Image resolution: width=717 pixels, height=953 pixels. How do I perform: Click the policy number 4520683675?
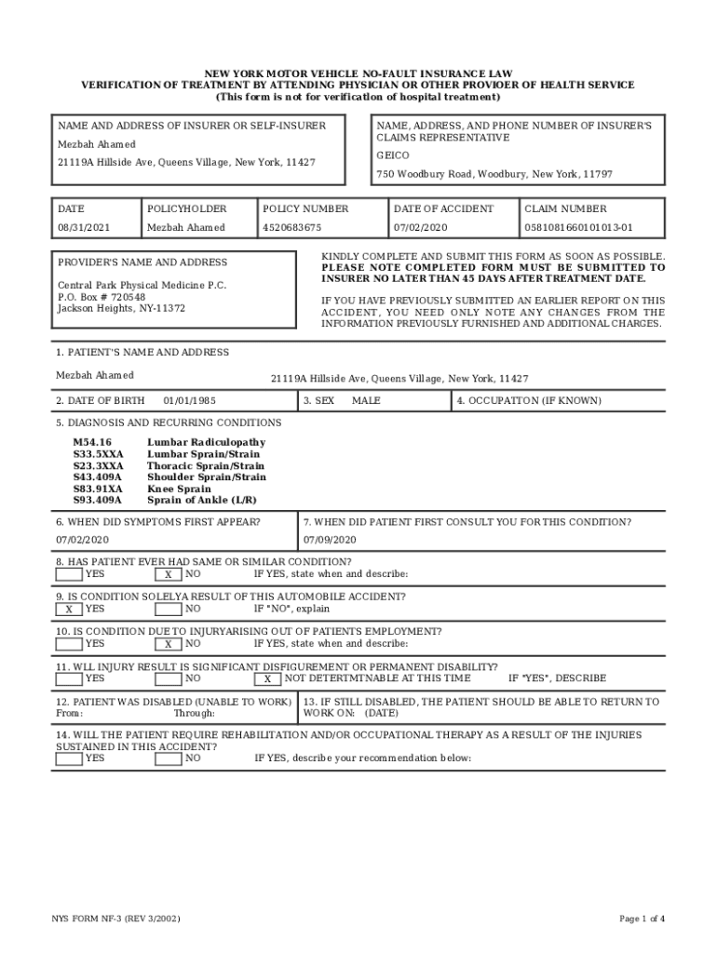click(292, 228)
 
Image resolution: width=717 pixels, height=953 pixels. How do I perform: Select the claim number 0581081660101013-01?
click(578, 228)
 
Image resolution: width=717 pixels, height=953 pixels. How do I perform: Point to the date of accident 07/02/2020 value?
click(421, 228)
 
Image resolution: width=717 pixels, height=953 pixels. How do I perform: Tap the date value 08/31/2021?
click(84, 228)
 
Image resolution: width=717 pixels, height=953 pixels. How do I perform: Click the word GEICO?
click(392, 155)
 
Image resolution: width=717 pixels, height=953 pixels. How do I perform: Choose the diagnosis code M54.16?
click(92, 443)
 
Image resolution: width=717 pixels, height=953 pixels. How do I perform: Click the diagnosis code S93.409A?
click(98, 501)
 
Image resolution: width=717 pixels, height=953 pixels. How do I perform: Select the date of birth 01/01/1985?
click(189, 401)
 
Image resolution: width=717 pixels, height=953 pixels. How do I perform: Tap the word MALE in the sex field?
click(366, 401)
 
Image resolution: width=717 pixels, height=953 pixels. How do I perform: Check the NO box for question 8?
click(168, 574)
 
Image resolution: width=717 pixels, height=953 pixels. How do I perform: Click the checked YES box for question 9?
click(68, 610)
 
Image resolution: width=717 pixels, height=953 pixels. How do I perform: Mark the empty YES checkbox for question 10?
click(68, 643)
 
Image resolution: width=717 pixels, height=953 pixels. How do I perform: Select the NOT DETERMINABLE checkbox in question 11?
click(267, 679)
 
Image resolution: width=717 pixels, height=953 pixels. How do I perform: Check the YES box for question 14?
click(68, 758)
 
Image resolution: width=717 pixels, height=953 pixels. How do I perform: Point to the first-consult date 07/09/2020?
click(330, 540)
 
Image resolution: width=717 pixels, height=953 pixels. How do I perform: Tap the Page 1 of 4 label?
click(642, 919)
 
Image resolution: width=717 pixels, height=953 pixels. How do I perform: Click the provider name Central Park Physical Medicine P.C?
click(142, 285)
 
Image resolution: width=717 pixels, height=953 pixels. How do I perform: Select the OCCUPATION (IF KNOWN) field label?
click(529, 401)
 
